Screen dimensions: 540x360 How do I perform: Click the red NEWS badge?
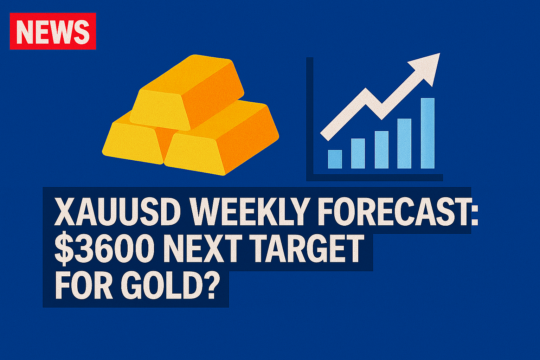point(53,31)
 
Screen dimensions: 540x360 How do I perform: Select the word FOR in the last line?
point(84,286)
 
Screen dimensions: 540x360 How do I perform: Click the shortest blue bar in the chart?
point(335,159)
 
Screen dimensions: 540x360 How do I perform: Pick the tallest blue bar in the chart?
point(427,133)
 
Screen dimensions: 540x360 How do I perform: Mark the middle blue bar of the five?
point(381,150)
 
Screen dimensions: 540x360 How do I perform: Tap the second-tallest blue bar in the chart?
point(404,143)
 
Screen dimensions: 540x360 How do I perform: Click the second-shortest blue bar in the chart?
point(358,153)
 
